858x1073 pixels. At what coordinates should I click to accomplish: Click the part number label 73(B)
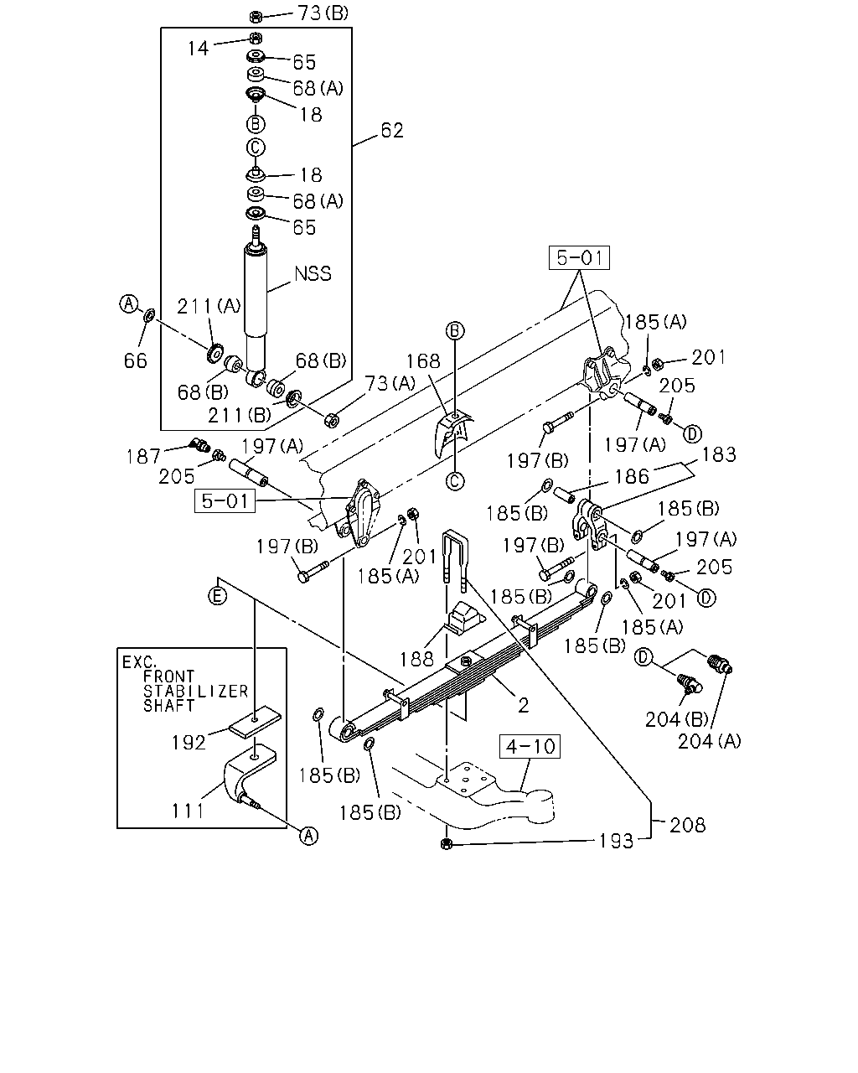click(323, 13)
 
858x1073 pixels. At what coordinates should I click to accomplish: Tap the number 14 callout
click(198, 49)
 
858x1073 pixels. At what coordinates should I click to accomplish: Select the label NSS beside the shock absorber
click(313, 274)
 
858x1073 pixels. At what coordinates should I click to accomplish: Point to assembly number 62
click(392, 131)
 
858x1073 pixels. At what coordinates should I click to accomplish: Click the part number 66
click(136, 361)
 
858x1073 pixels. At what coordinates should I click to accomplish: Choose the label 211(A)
click(209, 306)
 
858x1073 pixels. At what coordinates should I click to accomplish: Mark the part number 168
click(423, 361)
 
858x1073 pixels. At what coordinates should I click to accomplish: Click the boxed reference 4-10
click(530, 746)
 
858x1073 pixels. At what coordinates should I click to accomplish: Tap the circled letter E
click(217, 596)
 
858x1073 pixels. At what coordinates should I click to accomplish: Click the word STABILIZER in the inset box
click(195, 692)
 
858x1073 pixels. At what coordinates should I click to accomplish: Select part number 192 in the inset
click(189, 743)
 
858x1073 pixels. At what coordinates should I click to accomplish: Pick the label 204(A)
click(709, 742)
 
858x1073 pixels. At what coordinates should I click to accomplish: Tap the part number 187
click(143, 457)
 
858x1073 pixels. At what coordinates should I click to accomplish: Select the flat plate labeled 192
click(255, 721)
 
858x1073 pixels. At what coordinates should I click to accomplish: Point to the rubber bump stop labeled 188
click(465, 619)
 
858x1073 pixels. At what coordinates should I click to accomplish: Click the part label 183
click(719, 454)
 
